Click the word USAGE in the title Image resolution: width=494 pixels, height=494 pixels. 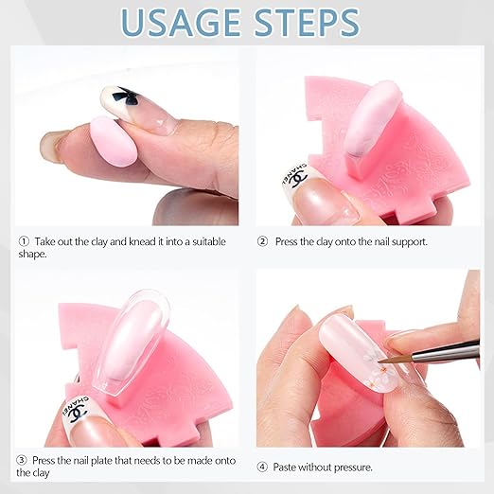coord(181,23)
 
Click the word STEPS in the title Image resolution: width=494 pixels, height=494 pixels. coord(308,23)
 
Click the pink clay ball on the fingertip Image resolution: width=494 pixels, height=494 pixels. coord(114,141)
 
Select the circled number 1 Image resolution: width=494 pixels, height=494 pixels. coord(24,241)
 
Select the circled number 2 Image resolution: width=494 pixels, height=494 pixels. coord(262,241)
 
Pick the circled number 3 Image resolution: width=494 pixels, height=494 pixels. coord(22,460)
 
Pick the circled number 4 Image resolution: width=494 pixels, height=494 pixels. coord(262,467)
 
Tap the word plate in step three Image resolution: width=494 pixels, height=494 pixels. coord(102,461)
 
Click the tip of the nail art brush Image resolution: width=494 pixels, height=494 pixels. coord(379,362)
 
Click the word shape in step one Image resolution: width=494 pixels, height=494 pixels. coord(31,255)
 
